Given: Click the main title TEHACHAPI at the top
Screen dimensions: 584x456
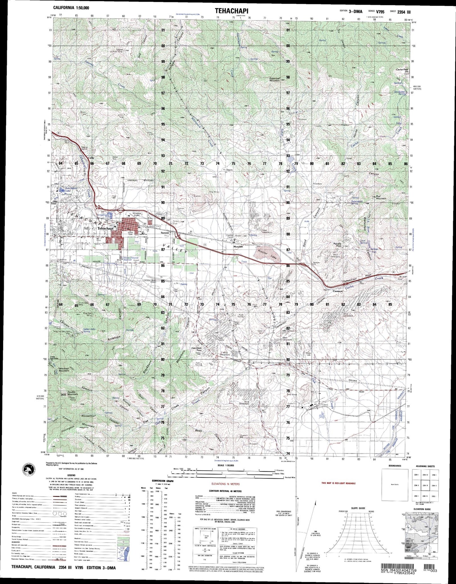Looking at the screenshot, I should point(231,11).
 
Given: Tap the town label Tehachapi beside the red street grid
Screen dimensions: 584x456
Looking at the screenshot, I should point(106,228).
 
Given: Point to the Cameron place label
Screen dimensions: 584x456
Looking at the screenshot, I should point(337,291).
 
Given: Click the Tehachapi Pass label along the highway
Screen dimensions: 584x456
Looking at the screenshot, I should point(353,281).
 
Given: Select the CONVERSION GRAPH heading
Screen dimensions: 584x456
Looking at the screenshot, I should point(162,481).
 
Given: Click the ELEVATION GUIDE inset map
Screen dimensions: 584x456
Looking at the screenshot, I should point(422,532).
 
